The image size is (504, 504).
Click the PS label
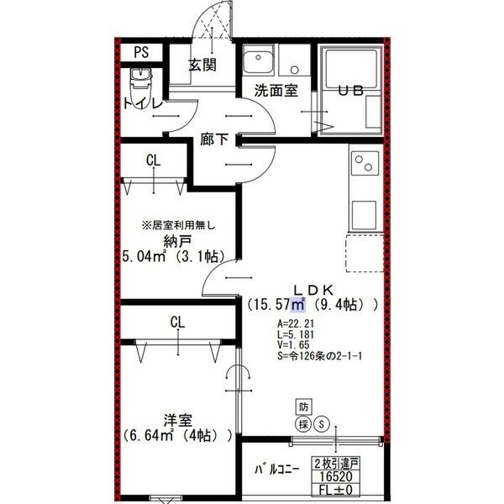coord(142,52)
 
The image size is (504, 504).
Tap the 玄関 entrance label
coord(202,64)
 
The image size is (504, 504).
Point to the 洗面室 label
coord(276,92)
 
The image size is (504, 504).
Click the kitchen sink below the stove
coord(365,213)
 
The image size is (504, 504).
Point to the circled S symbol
coord(320,424)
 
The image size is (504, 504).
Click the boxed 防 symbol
coord(303,407)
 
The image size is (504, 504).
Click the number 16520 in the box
coord(336,475)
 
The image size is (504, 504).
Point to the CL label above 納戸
coord(153,160)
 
